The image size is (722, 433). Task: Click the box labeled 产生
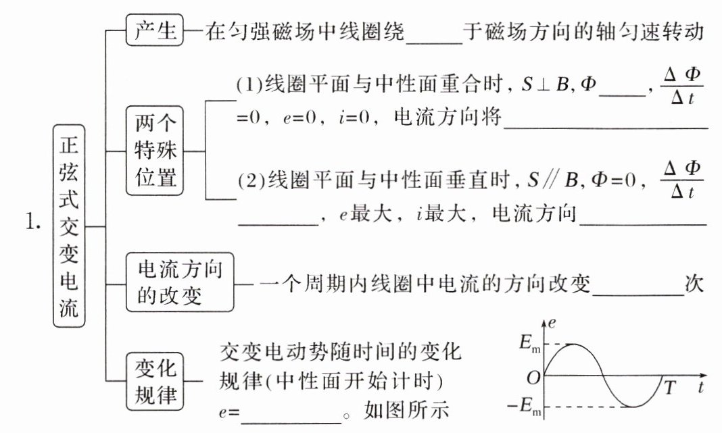(155, 32)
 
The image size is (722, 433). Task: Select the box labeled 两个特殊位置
(155, 151)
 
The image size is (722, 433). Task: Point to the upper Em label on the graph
(531, 344)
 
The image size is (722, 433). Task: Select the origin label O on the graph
(533, 377)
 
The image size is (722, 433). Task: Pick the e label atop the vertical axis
(553, 323)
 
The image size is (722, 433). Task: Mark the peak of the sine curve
(573, 344)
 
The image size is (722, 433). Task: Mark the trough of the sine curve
(633, 407)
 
